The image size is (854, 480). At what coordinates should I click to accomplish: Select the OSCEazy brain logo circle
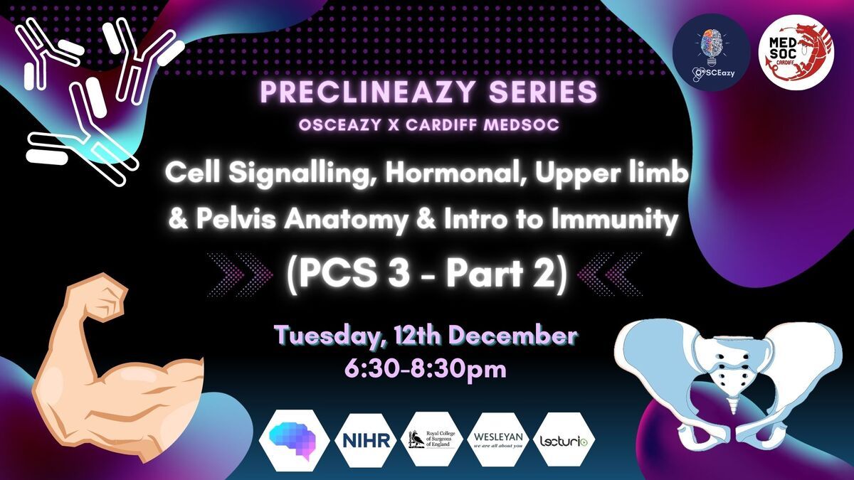pos(712,53)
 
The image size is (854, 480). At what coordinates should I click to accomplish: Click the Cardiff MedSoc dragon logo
pos(796,53)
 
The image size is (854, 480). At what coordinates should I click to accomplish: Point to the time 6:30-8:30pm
pos(426,369)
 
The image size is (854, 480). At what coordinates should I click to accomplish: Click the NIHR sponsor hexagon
pos(367,440)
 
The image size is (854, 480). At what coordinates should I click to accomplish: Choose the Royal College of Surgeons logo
pos(433,439)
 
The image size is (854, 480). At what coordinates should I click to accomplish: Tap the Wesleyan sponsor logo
pos(498,440)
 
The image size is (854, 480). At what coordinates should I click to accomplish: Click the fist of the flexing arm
pos(102,299)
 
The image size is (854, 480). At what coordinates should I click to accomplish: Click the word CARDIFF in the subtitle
pos(436,125)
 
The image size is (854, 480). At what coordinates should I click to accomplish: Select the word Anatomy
pos(345,221)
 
